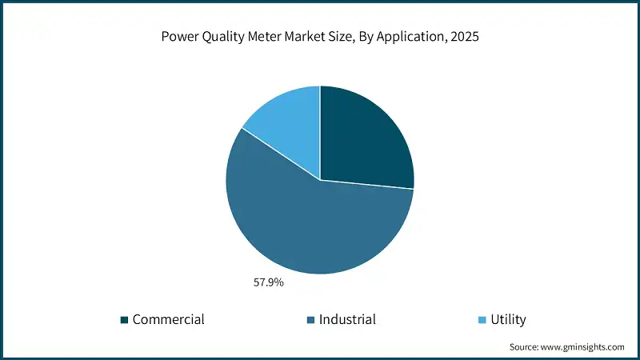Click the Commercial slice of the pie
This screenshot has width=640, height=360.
click(364, 140)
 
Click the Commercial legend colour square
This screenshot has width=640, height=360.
click(124, 320)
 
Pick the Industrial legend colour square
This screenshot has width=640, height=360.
click(310, 320)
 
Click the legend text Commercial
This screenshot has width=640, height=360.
click(168, 320)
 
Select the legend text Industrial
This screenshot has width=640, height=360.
click(347, 320)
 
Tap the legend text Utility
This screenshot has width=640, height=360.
click(509, 320)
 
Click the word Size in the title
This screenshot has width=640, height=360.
click(342, 37)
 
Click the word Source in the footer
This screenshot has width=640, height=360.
click(526, 347)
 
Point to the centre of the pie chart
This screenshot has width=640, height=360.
click(320, 180)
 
